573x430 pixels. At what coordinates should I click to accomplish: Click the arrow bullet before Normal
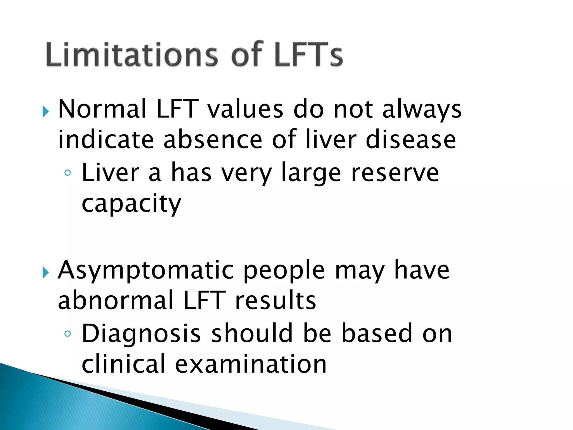click(46, 112)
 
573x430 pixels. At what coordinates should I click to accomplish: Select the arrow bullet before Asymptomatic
click(46, 272)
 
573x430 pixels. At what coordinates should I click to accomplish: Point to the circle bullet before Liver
click(67, 173)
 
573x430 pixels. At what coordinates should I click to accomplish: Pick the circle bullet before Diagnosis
click(67, 333)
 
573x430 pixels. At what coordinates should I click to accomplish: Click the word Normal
click(102, 109)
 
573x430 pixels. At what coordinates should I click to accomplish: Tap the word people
click(284, 271)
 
